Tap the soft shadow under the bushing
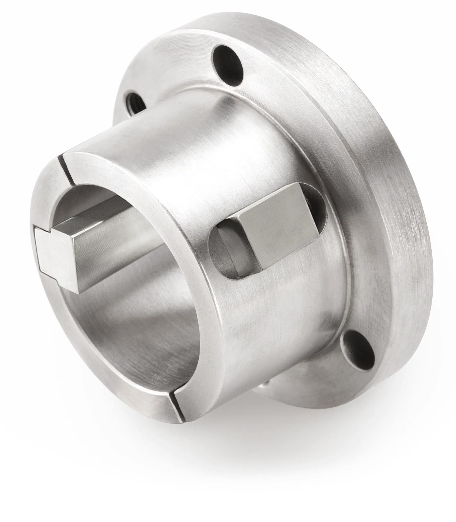point(229,453)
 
